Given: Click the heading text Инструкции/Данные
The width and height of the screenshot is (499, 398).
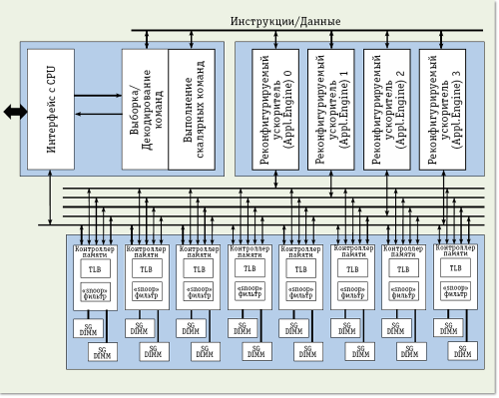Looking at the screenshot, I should pos(285,21).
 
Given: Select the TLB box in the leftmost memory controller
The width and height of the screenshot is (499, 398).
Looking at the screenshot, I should pos(95,269).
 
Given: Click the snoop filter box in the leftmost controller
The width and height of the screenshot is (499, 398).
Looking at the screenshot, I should pos(95,291).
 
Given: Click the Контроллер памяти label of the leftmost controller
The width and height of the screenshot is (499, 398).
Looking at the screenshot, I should pos(95,250).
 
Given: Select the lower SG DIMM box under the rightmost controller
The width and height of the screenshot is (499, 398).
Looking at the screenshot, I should pos(462,351).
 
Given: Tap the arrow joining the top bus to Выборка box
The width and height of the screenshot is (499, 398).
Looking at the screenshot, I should pos(149,36).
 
